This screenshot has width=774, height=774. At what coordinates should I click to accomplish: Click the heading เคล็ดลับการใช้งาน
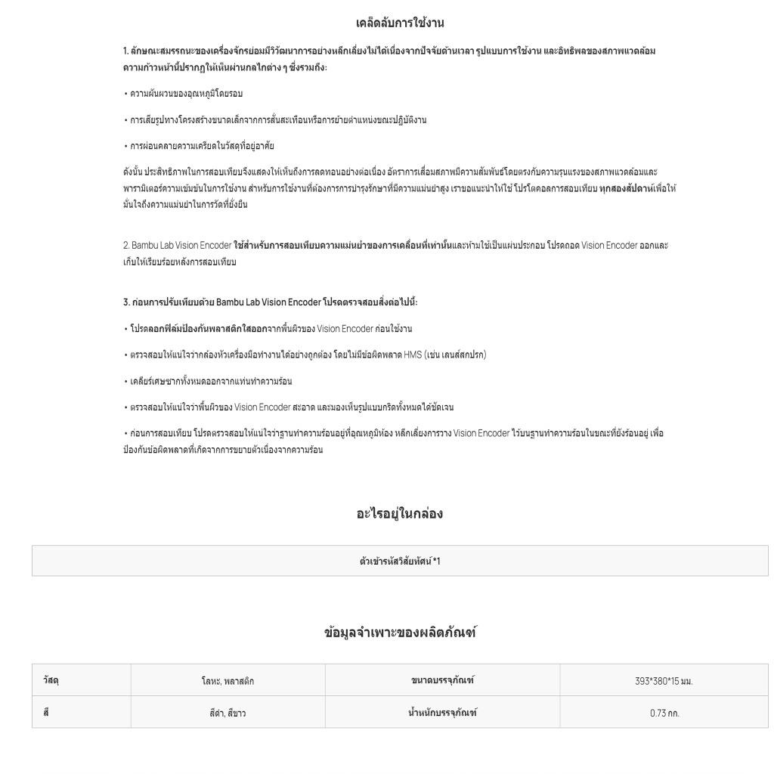404,23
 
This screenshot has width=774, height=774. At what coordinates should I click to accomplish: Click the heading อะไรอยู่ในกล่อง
399,514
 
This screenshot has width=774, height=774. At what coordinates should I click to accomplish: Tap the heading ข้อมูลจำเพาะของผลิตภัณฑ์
400,633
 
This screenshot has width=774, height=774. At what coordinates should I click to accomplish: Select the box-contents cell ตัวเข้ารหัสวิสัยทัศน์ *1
400,561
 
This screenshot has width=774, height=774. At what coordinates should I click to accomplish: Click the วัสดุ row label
51,680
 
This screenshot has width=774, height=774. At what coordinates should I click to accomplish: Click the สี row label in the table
47,713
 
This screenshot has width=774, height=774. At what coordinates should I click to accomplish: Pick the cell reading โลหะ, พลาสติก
228,681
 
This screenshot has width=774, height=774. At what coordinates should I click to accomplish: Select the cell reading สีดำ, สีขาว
228,714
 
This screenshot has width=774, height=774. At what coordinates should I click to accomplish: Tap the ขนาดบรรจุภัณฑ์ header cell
442,680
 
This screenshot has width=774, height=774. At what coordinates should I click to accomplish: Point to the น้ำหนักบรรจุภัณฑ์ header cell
442,713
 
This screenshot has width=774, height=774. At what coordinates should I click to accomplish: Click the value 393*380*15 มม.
664,681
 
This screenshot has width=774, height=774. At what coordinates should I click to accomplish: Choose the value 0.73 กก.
664,714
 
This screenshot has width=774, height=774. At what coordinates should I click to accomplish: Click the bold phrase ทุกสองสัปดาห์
627,188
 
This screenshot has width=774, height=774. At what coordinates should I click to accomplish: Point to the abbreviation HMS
413,354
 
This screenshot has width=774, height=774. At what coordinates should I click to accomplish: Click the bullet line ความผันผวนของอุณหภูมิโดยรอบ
186,94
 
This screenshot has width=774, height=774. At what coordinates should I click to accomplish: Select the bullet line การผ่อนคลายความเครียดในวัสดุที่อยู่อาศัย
201,146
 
